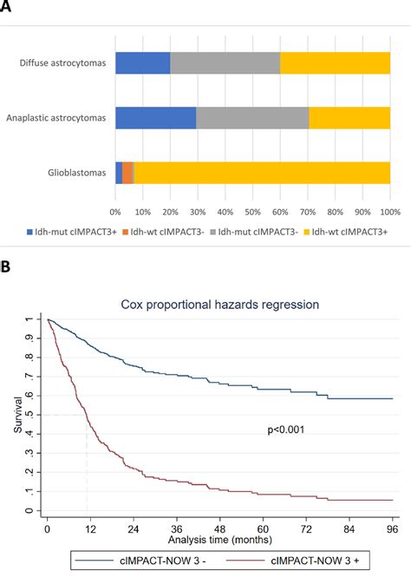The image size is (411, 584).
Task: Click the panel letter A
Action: tap(10, 8)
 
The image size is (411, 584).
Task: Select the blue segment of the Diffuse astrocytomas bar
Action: tap(142, 62)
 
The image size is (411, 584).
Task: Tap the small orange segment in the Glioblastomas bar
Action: tap(127, 173)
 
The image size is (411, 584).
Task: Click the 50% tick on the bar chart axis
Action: tap(253, 210)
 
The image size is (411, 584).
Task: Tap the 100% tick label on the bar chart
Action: tap(389, 210)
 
